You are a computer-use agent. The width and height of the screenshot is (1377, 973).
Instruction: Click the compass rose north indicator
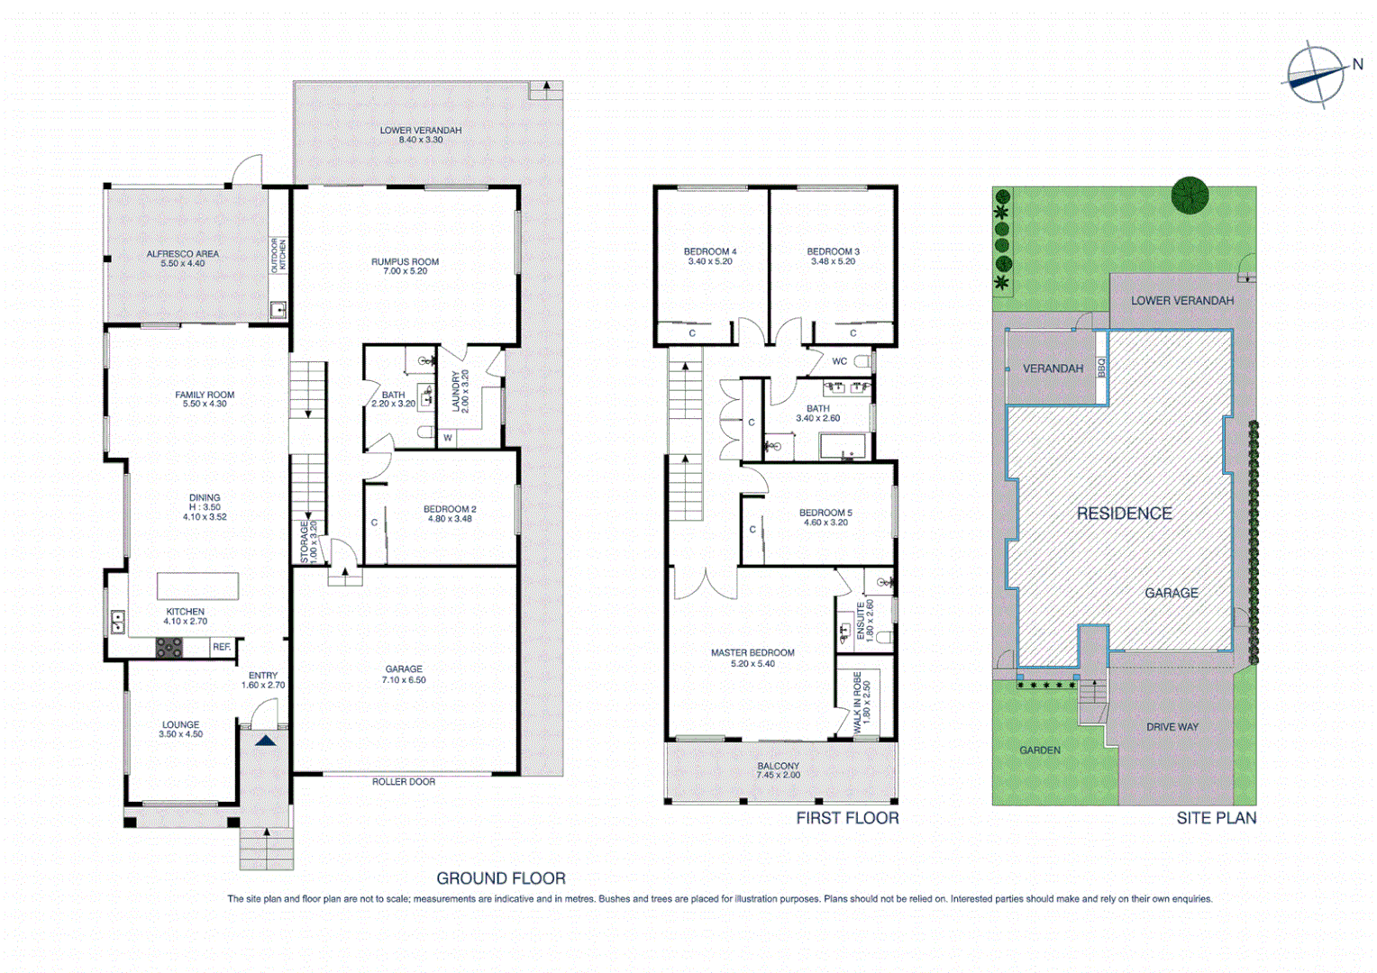1317,75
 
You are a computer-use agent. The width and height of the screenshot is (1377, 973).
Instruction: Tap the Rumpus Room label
405,266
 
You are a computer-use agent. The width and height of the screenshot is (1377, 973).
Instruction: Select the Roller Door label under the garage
403,782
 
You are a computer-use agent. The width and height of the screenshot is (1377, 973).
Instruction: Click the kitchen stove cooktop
169,647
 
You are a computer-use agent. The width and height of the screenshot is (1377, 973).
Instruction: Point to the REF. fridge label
222,647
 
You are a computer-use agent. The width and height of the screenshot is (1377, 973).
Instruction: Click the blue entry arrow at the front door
265,741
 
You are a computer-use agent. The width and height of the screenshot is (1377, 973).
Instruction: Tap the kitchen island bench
197,586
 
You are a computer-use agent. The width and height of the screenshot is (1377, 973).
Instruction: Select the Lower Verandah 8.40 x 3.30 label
420,135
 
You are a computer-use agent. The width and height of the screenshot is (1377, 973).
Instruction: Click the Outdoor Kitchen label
278,255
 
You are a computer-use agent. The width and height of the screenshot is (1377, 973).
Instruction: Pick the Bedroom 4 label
709,257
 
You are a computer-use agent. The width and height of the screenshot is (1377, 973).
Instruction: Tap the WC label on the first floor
839,361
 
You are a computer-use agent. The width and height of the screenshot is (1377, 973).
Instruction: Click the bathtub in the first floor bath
842,447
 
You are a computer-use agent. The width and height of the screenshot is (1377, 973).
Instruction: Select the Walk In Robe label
862,699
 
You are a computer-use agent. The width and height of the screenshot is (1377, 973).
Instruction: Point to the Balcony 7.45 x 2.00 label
778,770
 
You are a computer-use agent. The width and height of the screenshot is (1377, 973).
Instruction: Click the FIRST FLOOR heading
847,818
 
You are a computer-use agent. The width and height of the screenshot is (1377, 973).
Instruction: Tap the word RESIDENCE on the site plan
1124,514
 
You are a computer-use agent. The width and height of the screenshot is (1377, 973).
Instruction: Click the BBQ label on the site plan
1100,368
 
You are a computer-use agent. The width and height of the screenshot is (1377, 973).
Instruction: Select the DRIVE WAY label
1172,727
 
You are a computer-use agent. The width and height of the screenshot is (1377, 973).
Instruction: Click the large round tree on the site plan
1190,195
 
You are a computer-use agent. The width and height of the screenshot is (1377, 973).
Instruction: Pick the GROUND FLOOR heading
500,878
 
